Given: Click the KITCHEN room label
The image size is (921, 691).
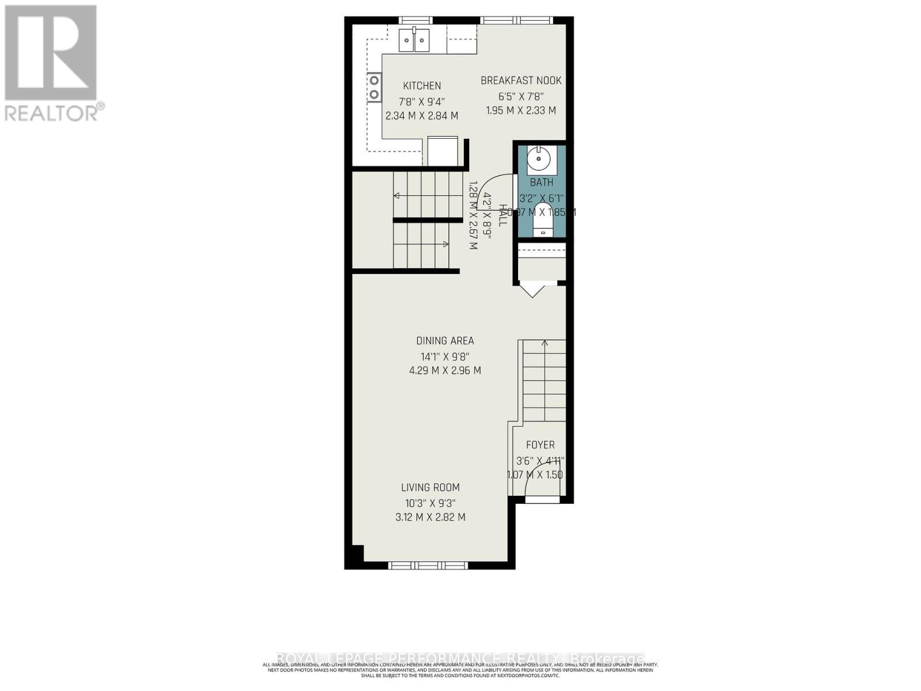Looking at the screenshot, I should tap(422, 86).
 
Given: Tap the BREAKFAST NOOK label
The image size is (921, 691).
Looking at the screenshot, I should tap(521, 81).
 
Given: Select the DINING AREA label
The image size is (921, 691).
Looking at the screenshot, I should tap(445, 341).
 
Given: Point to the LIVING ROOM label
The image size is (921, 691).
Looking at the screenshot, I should tap(431, 488).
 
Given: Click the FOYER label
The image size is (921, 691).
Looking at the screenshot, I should tap(541, 445).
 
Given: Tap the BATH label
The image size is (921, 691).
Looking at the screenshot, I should tap(542, 183).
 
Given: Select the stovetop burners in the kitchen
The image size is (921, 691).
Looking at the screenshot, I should tap(375, 87).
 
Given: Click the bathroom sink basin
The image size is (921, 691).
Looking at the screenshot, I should tap(539, 160).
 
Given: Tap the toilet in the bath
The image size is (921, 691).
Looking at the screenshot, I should tap(542, 219).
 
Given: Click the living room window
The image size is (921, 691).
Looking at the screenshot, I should tap(428, 565).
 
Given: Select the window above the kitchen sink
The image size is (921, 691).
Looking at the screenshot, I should tap(416, 21).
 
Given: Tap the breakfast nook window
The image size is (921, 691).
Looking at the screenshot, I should tap(516, 21).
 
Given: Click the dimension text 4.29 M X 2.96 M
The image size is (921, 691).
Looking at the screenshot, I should tap(445, 371).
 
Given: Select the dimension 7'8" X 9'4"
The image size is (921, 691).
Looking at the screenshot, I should tap(422, 101).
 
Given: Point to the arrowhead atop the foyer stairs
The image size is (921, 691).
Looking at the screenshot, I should tap(545, 344).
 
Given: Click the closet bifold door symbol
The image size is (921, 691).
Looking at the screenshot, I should tap(532, 289).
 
